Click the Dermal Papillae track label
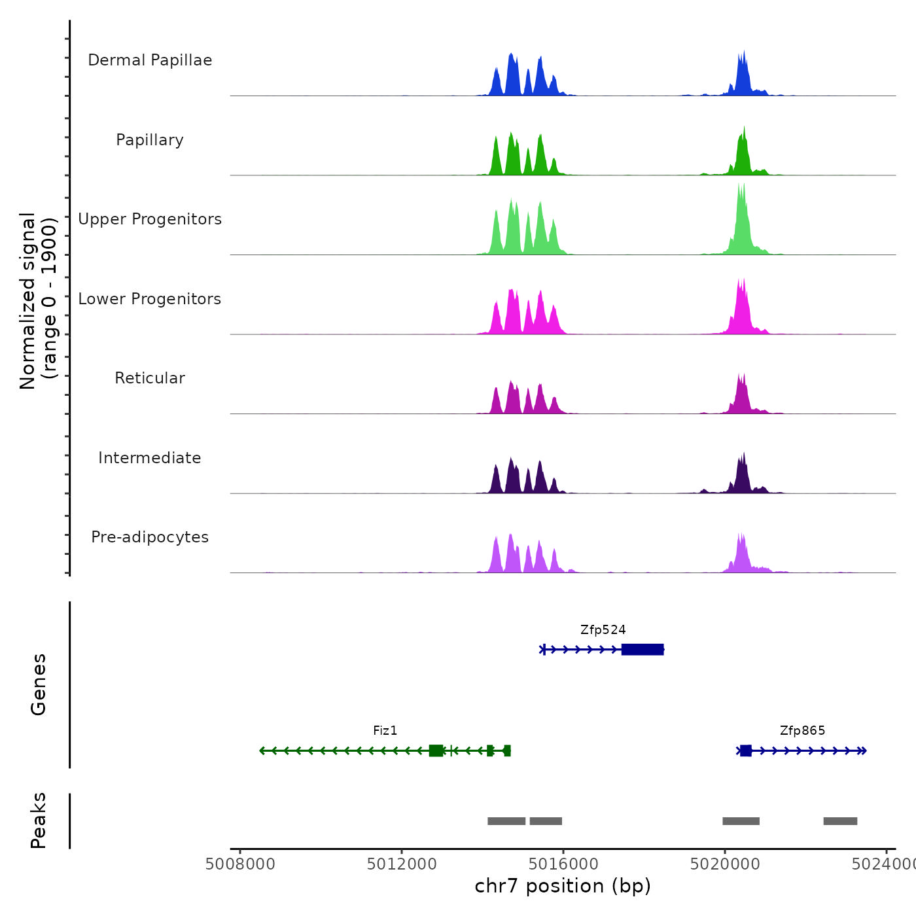click(x=150, y=60)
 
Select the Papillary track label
click(x=150, y=140)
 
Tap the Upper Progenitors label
click(x=150, y=219)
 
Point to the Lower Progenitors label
click(x=150, y=299)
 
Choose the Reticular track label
click(x=150, y=378)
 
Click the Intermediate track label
click(x=150, y=458)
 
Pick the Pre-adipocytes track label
click(x=150, y=537)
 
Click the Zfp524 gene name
click(x=603, y=630)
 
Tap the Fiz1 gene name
click(x=385, y=731)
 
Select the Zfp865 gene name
click(x=802, y=731)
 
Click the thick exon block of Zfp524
click(x=643, y=649)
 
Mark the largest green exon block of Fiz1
click(x=436, y=750)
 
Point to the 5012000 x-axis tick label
click(x=401, y=864)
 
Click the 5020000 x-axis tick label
click(x=725, y=864)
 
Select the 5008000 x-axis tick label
click(x=239, y=864)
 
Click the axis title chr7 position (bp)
click(x=563, y=886)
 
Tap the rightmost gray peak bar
click(x=840, y=821)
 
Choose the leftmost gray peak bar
click(x=506, y=821)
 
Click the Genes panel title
click(x=39, y=684)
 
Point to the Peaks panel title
click(x=39, y=820)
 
